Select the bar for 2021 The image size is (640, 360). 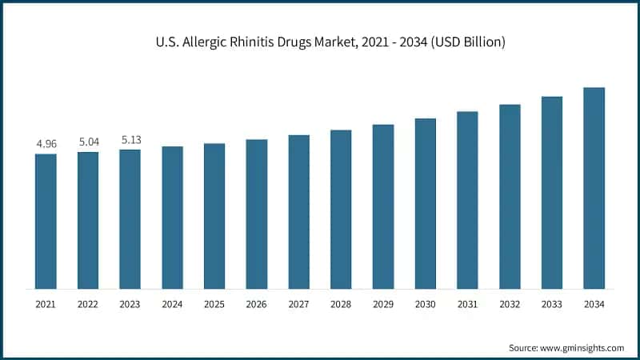point(46,221)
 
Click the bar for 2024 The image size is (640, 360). point(172,217)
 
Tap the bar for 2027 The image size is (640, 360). point(298,211)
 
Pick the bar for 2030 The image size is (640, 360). point(425,203)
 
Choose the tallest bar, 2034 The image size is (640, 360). point(594,187)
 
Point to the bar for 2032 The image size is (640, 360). point(510,196)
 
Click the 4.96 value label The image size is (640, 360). point(46,144)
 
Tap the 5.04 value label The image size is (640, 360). point(88,142)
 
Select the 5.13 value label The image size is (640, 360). point(130,139)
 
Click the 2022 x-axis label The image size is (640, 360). point(88,304)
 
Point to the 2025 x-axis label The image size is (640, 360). point(214,304)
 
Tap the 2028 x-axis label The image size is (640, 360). point(341,304)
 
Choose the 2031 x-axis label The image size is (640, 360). point(467,304)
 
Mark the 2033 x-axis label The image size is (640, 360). point(551,304)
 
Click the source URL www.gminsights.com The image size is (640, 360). point(585,348)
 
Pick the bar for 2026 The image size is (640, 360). point(256,214)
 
